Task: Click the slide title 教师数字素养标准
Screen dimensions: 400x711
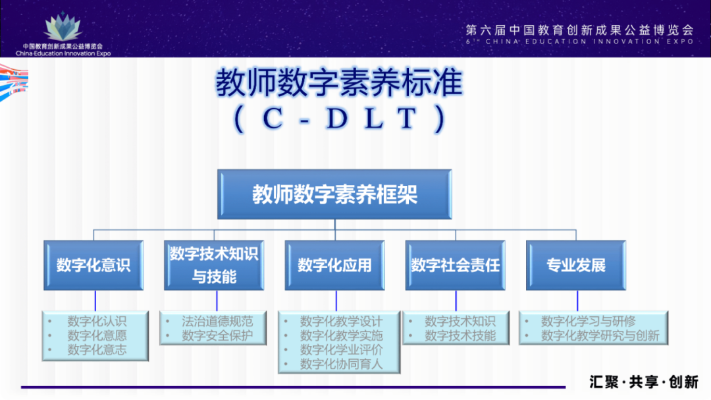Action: click(339, 84)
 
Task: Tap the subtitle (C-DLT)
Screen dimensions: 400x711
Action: click(339, 119)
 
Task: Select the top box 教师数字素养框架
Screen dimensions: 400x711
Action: click(334, 194)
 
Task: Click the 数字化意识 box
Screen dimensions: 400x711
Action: click(93, 265)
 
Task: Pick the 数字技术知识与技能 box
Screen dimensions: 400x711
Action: click(215, 265)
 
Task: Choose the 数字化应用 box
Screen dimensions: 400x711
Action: click(334, 265)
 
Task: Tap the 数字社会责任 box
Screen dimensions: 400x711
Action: click(456, 265)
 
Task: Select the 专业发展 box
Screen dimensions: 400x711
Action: click(575, 265)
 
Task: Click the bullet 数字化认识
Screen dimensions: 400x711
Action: click(97, 322)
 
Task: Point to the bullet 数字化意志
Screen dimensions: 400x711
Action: click(97, 350)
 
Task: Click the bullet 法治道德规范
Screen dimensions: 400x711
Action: click(217, 322)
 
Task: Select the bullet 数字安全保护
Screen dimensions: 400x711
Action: click(217, 335)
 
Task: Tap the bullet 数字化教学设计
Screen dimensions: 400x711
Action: click(341, 322)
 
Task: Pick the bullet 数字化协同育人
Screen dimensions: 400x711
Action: click(341, 364)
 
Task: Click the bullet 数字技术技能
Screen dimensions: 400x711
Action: click(460, 335)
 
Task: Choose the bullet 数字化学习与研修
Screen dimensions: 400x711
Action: click(588, 322)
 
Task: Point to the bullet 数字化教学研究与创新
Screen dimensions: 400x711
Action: click(600, 335)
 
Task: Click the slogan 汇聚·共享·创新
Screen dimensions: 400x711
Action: click(643, 382)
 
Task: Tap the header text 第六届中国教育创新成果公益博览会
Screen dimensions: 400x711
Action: click(579, 30)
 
